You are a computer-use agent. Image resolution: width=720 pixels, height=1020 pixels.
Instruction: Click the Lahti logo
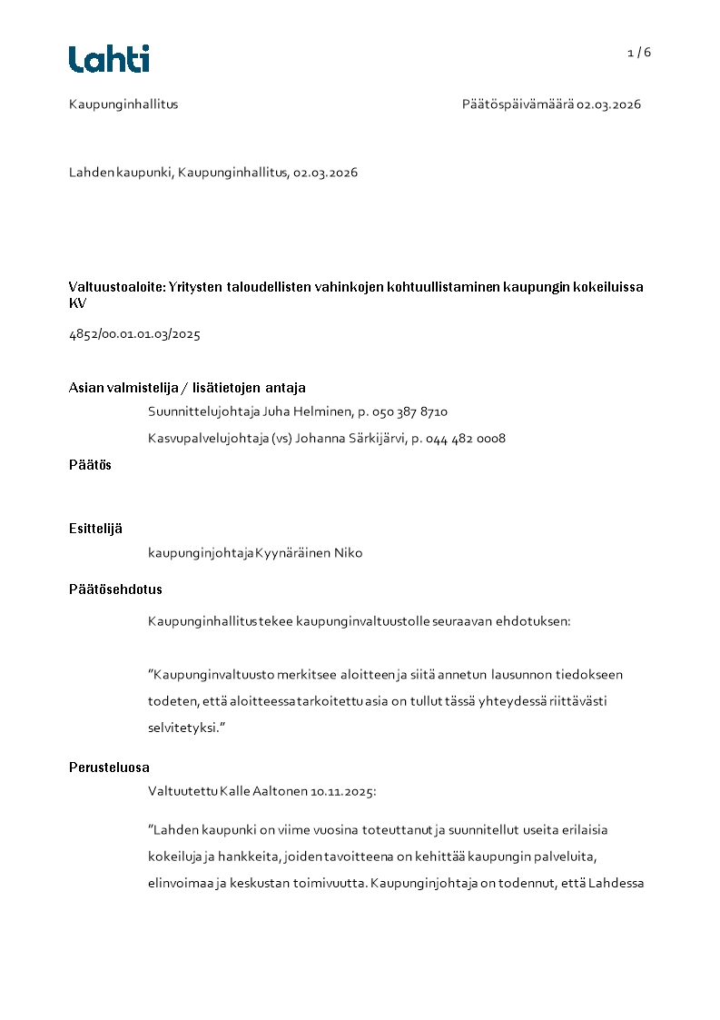coord(109,59)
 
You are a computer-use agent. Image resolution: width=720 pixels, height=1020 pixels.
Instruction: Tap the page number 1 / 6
coord(639,53)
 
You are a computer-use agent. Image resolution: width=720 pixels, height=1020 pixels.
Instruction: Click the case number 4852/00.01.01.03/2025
coord(134,334)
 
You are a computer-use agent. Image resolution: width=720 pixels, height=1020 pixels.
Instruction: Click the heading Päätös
coord(90,465)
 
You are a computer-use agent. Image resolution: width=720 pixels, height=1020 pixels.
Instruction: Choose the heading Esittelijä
coord(95,529)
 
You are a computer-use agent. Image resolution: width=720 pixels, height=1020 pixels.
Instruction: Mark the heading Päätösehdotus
coord(115,589)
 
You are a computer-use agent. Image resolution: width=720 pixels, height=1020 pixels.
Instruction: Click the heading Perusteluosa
coord(109,767)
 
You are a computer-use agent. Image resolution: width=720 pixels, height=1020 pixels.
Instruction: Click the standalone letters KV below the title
coord(77,303)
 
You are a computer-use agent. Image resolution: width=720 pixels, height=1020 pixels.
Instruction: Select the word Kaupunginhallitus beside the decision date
coord(123,104)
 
